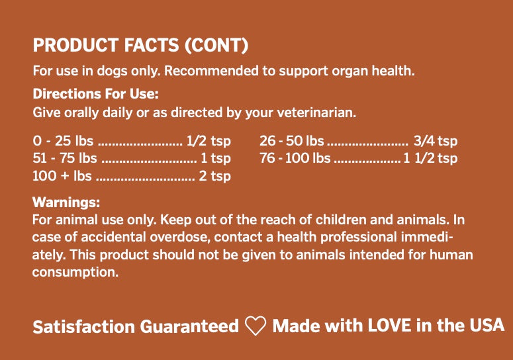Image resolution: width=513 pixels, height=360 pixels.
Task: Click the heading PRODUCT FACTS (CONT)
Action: click(140, 45)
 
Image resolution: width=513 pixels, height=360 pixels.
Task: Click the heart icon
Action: click(256, 326)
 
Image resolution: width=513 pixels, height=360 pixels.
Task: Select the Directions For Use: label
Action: click(95, 94)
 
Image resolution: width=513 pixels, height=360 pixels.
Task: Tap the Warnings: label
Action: click(66, 202)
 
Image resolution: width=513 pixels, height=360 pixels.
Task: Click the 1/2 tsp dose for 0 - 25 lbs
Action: click(209, 141)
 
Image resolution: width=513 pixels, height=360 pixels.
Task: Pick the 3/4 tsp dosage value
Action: click(435, 141)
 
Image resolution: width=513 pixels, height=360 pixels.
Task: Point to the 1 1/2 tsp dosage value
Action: click(430, 159)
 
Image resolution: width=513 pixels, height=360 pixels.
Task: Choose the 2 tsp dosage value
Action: click(214, 176)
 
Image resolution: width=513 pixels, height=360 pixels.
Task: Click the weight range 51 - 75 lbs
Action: click(65, 159)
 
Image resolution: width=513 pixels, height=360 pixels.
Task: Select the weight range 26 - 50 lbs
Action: click(292, 141)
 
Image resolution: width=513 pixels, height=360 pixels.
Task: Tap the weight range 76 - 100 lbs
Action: click(295, 159)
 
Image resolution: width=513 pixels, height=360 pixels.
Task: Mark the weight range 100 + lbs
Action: click(62, 176)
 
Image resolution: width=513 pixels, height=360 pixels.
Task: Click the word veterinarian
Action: click(316, 112)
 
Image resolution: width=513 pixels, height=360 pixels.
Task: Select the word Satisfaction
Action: click(84, 327)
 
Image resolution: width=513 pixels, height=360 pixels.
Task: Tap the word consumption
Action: click(75, 272)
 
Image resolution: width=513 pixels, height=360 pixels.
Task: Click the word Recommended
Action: click(211, 71)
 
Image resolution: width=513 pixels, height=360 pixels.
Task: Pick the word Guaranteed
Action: click(189, 327)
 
